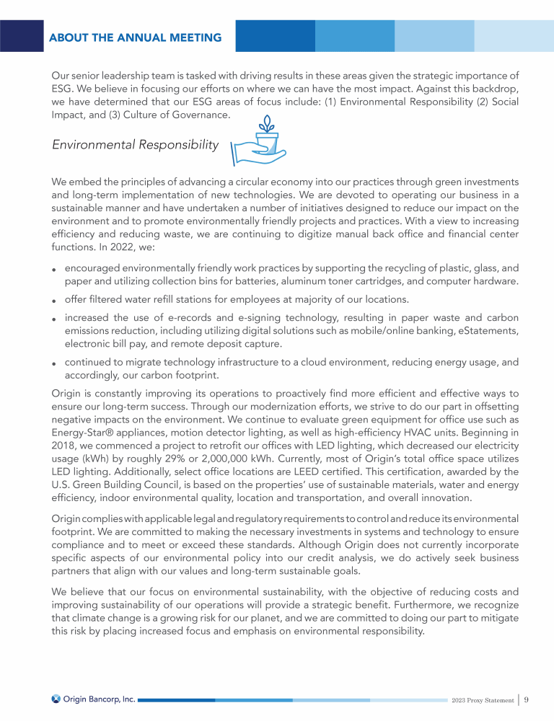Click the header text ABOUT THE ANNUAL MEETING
(135, 37)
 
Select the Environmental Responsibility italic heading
(135, 145)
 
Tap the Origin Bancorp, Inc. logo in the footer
(94, 699)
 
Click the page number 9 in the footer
(527, 699)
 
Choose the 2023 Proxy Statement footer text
(483, 699)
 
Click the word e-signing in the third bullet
(234, 317)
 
